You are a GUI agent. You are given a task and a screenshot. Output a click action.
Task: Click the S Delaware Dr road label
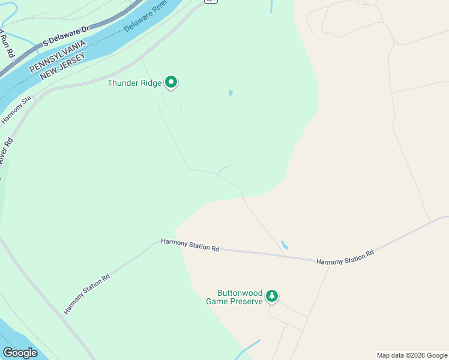click(x=66, y=37)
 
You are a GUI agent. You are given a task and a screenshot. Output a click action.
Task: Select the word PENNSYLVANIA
click(x=58, y=53)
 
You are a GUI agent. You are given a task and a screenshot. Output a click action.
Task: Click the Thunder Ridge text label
click(x=134, y=83)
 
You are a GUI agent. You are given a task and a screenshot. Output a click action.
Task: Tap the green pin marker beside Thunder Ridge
click(x=171, y=82)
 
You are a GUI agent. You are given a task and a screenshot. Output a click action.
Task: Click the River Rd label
click(x=6, y=150)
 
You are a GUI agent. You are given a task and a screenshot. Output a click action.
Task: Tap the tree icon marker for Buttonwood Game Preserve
click(x=272, y=295)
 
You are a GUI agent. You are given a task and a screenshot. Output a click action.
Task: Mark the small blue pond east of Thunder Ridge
click(x=231, y=93)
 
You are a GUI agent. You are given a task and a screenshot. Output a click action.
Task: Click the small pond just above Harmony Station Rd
click(x=284, y=245)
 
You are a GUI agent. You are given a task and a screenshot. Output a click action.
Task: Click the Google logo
click(x=20, y=353)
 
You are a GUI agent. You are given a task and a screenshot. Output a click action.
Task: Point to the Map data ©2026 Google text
click(x=412, y=355)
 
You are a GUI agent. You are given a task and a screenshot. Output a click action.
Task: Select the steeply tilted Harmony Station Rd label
click(x=87, y=294)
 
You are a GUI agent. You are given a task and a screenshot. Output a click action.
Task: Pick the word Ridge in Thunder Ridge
click(x=151, y=83)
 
